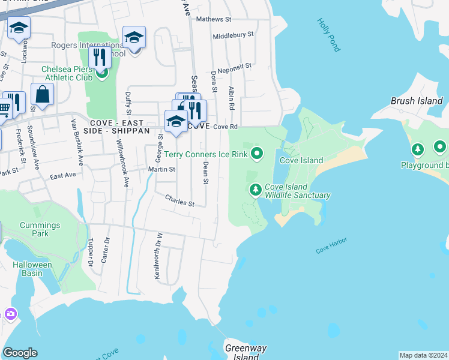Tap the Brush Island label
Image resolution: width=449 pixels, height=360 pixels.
point(417,101)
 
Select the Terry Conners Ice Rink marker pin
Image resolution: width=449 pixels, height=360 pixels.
point(258,154)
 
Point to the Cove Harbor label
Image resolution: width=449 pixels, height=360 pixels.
point(332,246)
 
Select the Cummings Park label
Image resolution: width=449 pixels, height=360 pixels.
point(40,229)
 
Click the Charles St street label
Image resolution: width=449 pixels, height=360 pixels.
point(180,200)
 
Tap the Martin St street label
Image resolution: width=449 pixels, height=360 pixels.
point(161,170)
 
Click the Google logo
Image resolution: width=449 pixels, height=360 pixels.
point(20,353)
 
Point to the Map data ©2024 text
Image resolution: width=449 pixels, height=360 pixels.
point(423,355)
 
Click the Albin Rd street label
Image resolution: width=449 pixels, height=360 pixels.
point(231,98)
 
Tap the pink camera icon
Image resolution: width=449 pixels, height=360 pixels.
point(10,314)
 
